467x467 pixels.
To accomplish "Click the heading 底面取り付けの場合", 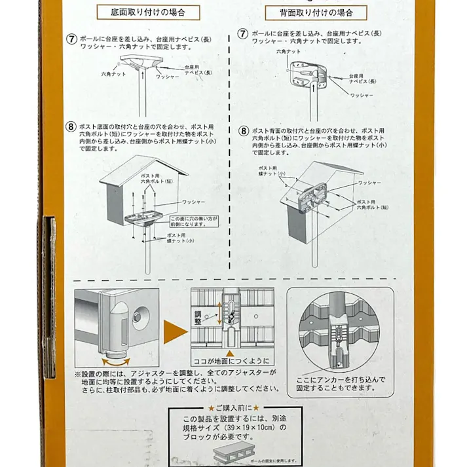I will (149, 12).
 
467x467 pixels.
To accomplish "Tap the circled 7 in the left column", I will (71, 37).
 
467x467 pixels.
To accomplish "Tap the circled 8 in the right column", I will (243, 131).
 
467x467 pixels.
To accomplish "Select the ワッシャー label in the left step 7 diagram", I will (168, 77).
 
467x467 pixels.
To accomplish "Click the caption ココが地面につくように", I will (231, 361).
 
